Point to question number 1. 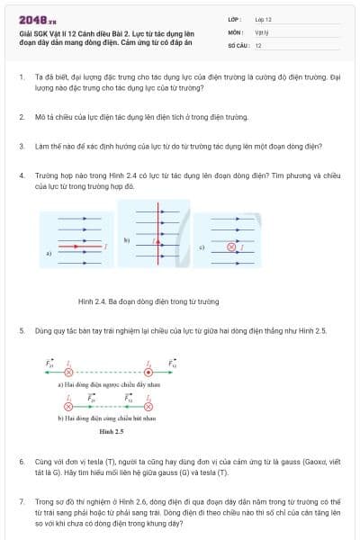click(22, 77)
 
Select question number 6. click(22, 460)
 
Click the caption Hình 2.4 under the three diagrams click(148, 301)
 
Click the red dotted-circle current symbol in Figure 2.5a click(149, 371)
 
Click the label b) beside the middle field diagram click(127, 240)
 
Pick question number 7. click(22, 499)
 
